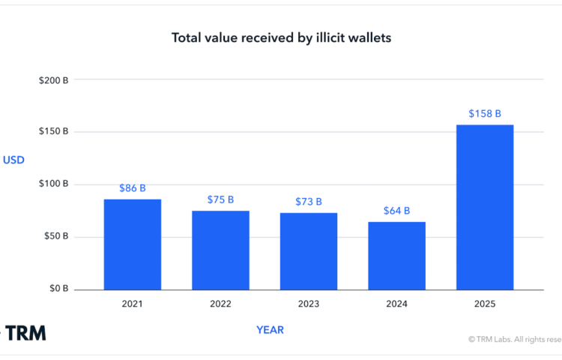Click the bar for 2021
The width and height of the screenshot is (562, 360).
133,244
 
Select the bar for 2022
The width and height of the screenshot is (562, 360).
220,250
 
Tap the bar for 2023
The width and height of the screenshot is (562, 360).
309,251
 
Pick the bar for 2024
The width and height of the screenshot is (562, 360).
396,256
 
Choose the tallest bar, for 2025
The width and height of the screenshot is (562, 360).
485,207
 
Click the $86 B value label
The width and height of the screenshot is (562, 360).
133,188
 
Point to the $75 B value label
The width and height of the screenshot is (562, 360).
220,199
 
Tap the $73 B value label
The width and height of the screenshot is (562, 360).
309,202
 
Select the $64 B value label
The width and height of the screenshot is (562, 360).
396,211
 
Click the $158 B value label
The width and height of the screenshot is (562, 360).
485,113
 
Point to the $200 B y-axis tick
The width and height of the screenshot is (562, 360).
54,79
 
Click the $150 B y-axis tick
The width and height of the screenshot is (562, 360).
54,131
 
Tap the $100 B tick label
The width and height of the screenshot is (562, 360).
54,184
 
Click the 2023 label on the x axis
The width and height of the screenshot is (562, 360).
309,304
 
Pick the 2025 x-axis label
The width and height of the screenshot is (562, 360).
485,304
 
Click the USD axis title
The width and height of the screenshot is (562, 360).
13,160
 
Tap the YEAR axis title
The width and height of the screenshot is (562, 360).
270,329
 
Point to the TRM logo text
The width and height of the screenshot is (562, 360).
26,332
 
